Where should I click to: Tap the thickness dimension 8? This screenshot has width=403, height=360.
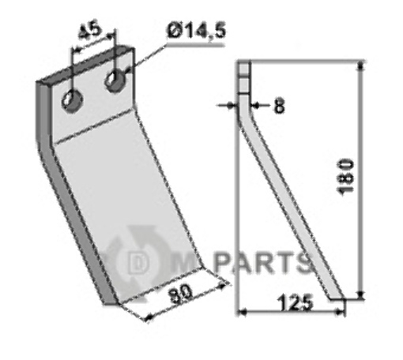click(278, 106)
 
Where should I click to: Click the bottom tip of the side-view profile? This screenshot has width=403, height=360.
click(337, 298)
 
